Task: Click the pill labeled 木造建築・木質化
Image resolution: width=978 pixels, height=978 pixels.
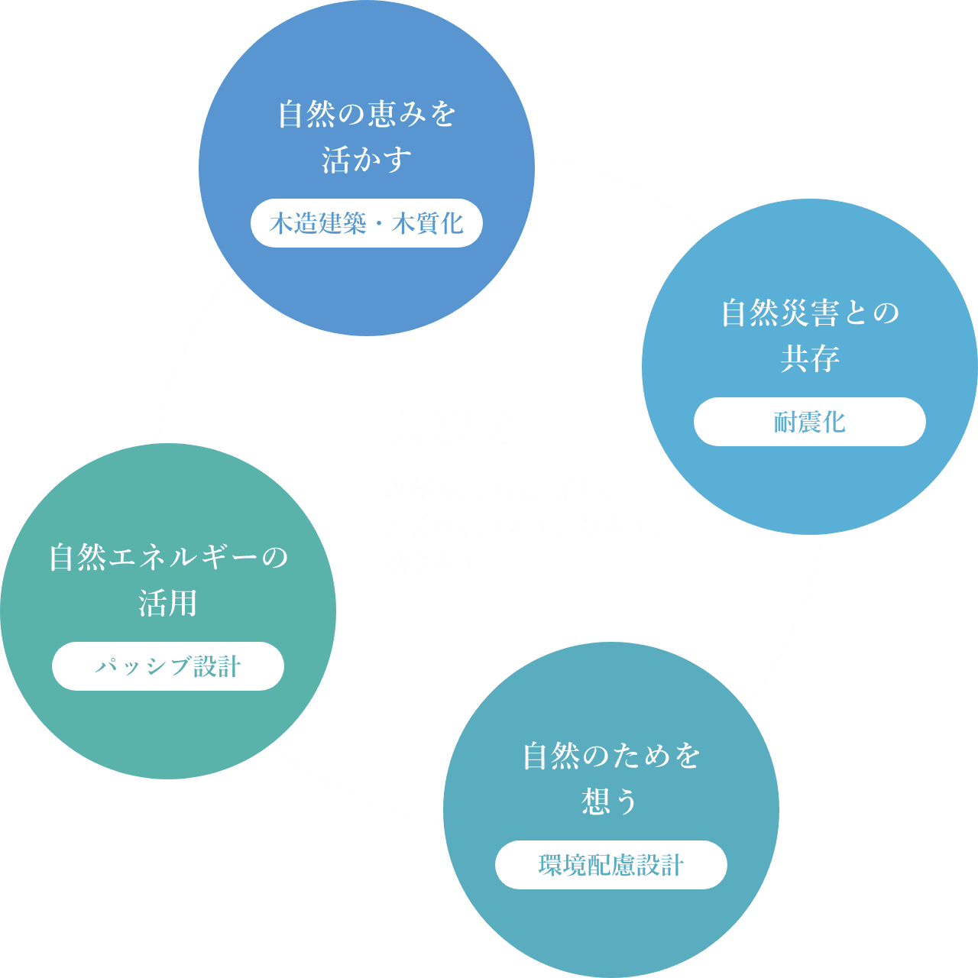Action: point(367,223)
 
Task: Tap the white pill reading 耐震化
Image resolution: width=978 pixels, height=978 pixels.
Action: point(809,422)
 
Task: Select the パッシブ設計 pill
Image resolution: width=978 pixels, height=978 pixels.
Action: point(168,666)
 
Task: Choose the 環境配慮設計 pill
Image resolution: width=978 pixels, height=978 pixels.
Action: point(611,865)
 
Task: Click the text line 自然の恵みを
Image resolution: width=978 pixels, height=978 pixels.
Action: point(367,115)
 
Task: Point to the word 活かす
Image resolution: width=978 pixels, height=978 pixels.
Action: point(367,160)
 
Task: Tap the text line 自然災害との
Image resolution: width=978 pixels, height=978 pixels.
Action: point(810,313)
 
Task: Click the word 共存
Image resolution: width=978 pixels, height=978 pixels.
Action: point(810,359)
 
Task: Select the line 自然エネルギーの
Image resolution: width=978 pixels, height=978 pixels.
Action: point(168,558)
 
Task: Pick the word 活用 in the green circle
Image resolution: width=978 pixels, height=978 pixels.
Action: point(168,604)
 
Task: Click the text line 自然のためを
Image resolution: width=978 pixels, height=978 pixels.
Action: point(611,756)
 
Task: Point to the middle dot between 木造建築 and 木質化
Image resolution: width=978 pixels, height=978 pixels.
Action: point(379,224)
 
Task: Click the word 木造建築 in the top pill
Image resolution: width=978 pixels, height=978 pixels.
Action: point(318,223)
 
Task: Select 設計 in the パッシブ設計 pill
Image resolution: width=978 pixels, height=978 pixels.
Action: point(217,666)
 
